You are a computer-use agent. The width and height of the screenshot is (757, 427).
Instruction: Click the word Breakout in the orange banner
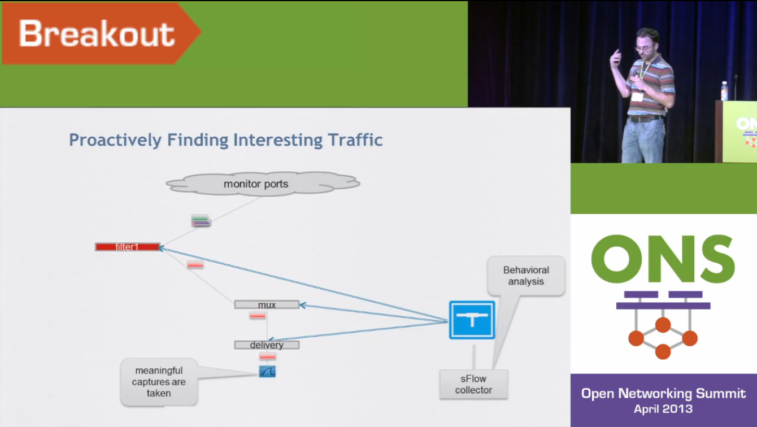[97, 34]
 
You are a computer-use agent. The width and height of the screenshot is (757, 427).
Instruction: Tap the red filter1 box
[128, 247]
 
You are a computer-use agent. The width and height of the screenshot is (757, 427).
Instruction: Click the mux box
[267, 304]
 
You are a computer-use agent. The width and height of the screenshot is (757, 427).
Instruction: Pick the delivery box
[267, 345]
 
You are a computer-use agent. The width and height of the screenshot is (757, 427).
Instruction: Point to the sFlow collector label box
[473, 384]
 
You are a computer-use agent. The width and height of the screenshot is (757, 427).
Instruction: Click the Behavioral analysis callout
[526, 276]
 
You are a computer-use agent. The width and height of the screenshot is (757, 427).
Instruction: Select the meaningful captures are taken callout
[159, 382]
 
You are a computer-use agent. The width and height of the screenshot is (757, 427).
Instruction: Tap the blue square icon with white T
[472, 320]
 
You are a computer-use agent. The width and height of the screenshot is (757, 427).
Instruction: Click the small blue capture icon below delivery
[267, 372]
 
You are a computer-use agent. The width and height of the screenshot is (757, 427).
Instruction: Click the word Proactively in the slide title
[115, 140]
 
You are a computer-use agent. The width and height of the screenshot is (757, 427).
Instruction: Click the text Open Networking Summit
[663, 394]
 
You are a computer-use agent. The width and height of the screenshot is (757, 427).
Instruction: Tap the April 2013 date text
[663, 409]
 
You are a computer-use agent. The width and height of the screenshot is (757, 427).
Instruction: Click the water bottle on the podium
[724, 91]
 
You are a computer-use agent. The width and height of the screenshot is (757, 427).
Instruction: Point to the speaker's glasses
[644, 49]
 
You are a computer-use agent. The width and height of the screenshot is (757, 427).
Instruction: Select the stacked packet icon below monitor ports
[201, 221]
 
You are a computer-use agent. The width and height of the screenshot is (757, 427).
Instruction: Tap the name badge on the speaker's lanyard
[638, 97]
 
